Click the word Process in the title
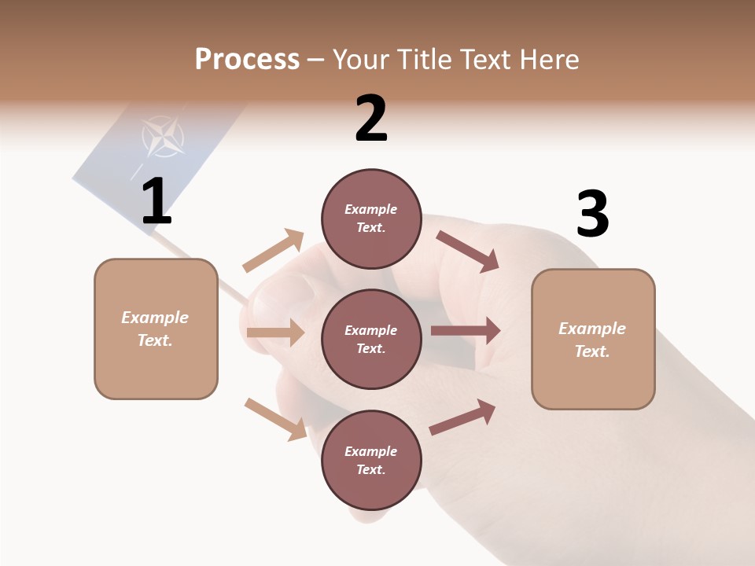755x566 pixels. point(247,60)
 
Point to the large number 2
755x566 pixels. point(371,119)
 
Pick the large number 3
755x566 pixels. point(592,214)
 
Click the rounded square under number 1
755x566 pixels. point(156,329)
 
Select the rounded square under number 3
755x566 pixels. point(593,339)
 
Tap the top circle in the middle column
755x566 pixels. point(371,219)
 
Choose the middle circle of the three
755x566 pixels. point(371,339)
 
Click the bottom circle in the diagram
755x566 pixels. point(371,460)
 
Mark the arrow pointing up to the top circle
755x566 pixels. point(274,251)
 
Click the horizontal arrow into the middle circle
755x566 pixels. point(275,333)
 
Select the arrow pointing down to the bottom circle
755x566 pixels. point(275,418)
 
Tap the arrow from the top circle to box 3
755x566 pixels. point(467,251)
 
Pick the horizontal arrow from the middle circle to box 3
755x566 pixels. point(466,331)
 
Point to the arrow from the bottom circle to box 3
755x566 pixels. point(462,417)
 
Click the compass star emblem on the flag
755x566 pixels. point(164,137)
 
